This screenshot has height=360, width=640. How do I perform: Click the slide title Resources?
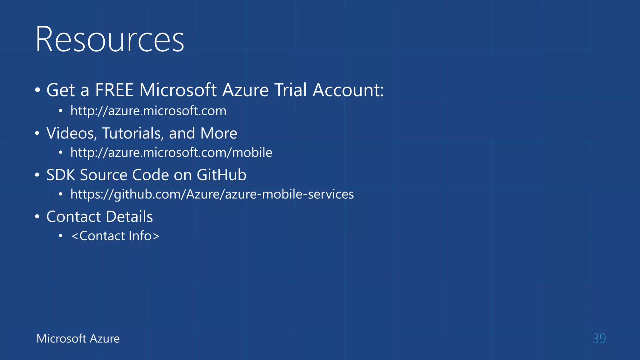(110, 39)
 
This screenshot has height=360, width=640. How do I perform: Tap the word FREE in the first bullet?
(114, 90)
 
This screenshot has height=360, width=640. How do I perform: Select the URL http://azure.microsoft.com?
(148, 111)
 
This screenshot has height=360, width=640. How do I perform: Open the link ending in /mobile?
(171, 152)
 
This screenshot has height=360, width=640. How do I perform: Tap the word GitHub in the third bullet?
(221, 175)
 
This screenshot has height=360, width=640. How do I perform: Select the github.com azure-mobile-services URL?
(212, 194)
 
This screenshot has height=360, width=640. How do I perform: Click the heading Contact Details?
(99, 217)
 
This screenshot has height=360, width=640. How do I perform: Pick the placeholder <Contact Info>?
(115, 236)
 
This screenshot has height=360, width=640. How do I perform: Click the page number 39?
(599, 338)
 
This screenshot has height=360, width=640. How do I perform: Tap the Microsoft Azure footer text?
(78, 338)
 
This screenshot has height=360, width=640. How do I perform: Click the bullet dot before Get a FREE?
(37, 91)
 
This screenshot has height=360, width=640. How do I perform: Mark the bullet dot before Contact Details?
(37, 217)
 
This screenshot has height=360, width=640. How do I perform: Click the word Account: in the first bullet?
(348, 90)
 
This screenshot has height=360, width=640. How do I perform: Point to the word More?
(219, 133)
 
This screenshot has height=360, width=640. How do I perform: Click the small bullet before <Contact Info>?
(61, 236)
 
